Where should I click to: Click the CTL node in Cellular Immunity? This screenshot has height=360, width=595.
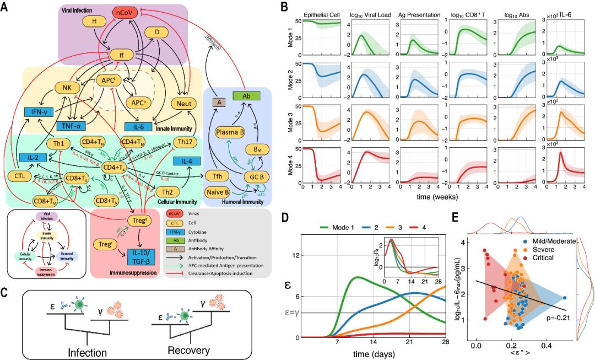click(20, 176)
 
